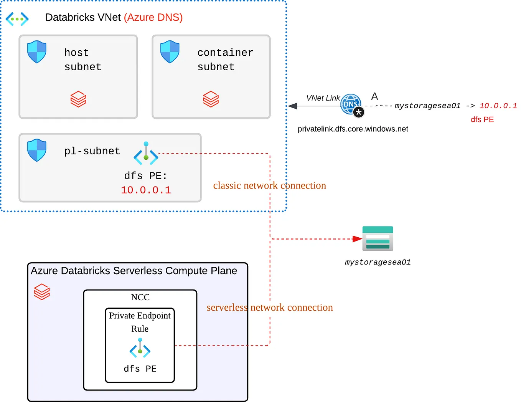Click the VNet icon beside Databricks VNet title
point(17,18)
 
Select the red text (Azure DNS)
point(153,18)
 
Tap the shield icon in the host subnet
point(37,52)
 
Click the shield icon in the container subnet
point(170,52)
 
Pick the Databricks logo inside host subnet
point(78,99)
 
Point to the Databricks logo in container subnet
point(211,99)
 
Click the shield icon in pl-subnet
point(37,150)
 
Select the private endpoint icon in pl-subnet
point(146,153)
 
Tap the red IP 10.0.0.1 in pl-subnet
point(146,190)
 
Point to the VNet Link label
point(323,98)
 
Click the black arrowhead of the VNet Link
point(293,106)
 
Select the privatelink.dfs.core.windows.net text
point(353,129)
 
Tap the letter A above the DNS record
point(374,96)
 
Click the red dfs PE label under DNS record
point(482,119)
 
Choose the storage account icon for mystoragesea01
point(378,238)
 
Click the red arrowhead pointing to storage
point(357,239)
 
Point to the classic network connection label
point(269,185)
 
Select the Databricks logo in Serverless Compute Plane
point(42,292)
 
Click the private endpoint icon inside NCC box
point(140,348)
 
